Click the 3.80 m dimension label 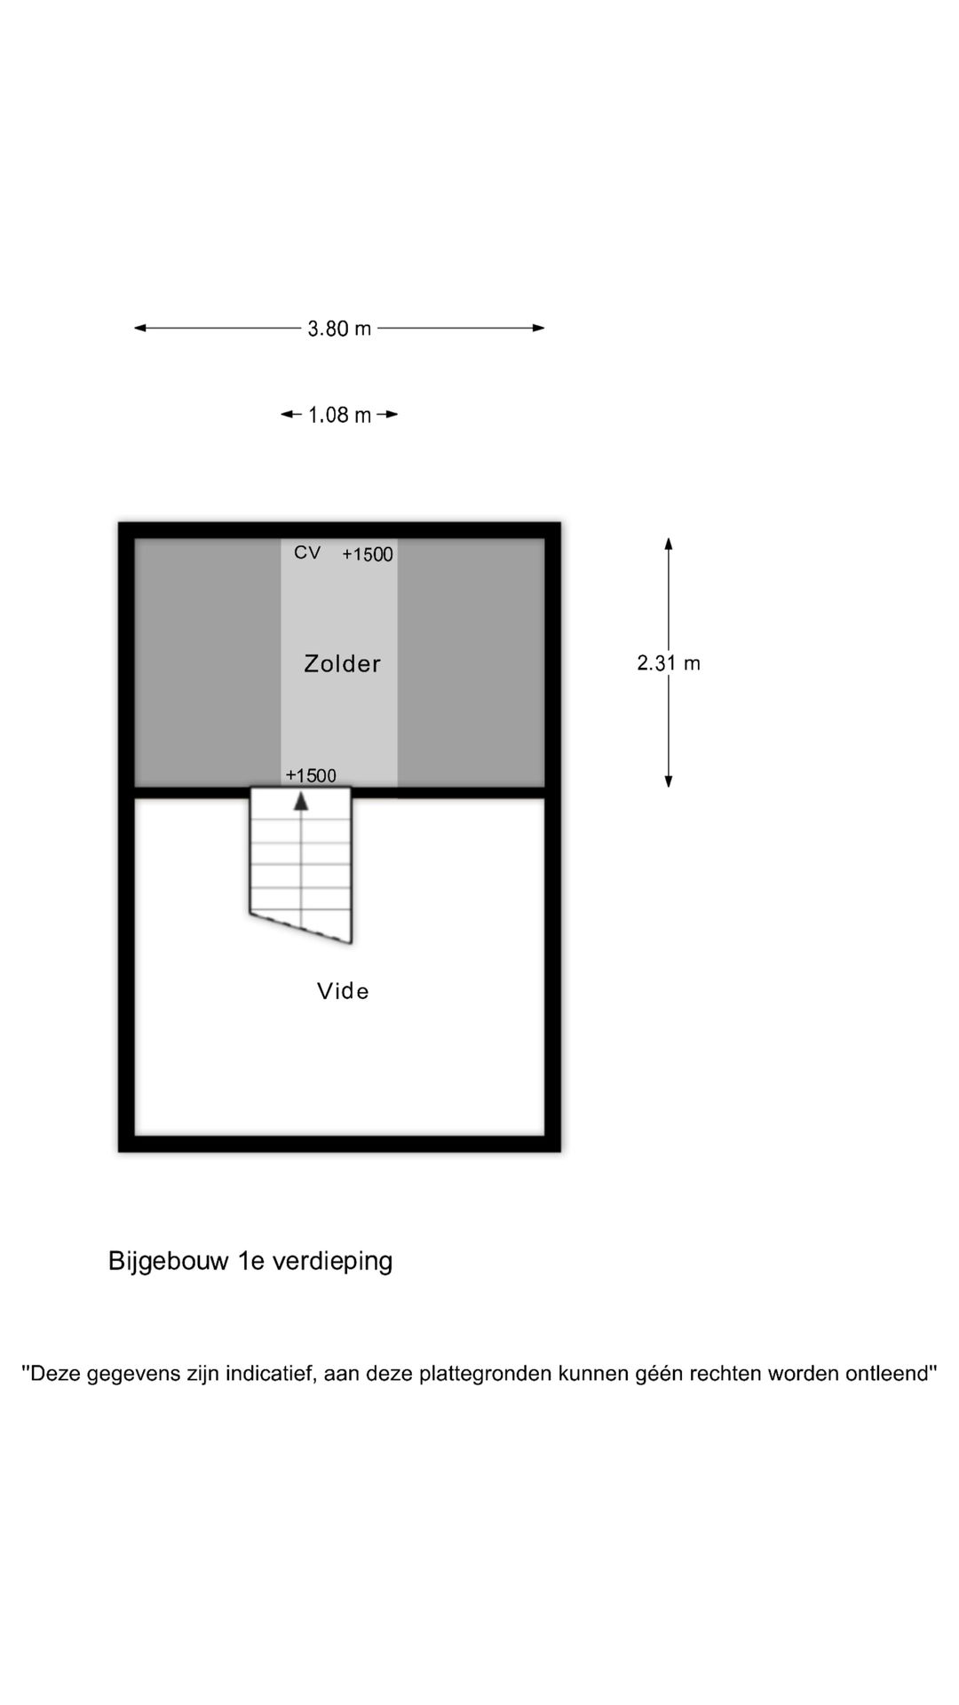click(x=339, y=329)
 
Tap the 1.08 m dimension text click(x=339, y=415)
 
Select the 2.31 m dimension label click(x=669, y=662)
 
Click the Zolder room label click(x=342, y=663)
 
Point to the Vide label click(x=343, y=991)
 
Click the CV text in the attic click(x=307, y=552)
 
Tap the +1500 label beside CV click(x=368, y=554)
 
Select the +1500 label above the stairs click(x=311, y=775)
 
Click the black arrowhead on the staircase click(x=301, y=801)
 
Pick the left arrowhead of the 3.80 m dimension click(x=139, y=328)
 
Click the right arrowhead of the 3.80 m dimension click(x=538, y=328)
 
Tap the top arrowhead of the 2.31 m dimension click(x=669, y=543)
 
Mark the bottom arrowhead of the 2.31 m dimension click(x=669, y=781)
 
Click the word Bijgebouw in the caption click(x=169, y=1262)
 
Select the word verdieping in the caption click(x=332, y=1262)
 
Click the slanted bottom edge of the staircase click(x=301, y=928)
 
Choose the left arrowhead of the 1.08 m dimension click(x=287, y=414)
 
